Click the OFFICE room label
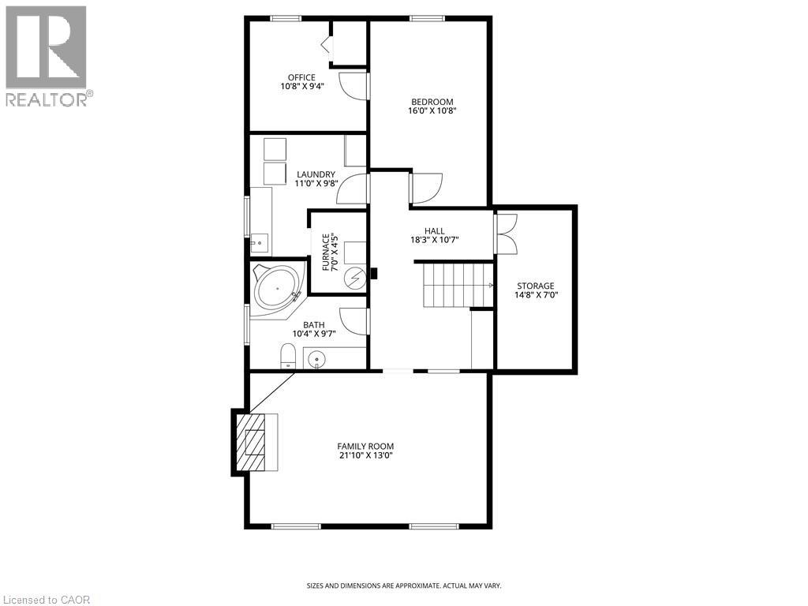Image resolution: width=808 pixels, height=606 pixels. [x=301, y=77]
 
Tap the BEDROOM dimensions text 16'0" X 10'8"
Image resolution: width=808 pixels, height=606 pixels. [x=432, y=111]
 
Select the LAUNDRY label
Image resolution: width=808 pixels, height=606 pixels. [x=316, y=174]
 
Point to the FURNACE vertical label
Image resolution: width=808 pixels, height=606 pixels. [x=325, y=252]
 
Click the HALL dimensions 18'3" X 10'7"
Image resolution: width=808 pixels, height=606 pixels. [x=435, y=240]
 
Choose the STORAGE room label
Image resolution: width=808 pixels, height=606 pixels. [x=536, y=286]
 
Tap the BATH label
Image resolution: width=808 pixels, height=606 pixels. [x=314, y=324]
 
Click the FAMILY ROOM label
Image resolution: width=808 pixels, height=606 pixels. [x=365, y=446]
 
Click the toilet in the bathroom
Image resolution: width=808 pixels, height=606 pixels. [x=287, y=357]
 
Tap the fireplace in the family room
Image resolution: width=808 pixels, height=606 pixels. [x=255, y=443]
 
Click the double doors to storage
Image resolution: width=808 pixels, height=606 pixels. [x=505, y=234]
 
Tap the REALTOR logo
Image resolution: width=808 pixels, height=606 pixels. [x=47, y=56]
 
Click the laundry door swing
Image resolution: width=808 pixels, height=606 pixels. [x=356, y=189]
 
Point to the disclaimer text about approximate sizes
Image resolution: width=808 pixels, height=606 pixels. [x=403, y=585]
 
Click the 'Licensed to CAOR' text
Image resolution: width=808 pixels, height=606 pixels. [x=47, y=600]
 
